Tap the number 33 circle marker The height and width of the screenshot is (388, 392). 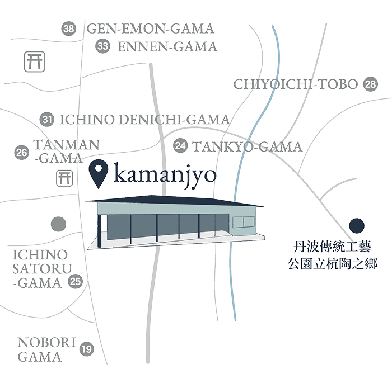click(102, 46)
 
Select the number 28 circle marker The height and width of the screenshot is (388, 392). click(370, 84)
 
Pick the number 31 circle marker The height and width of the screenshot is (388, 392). click(48, 119)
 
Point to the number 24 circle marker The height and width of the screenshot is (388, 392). click(180, 146)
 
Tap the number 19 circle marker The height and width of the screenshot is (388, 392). click(86, 350)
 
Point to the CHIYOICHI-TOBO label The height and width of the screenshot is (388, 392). click(295, 84)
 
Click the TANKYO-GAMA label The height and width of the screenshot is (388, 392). click(247, 147)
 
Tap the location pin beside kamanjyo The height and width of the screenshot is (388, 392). click(100, 173)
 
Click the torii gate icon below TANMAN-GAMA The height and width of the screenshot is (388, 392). click(64, 178)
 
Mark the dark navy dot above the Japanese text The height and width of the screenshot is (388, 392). click(357, 226)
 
